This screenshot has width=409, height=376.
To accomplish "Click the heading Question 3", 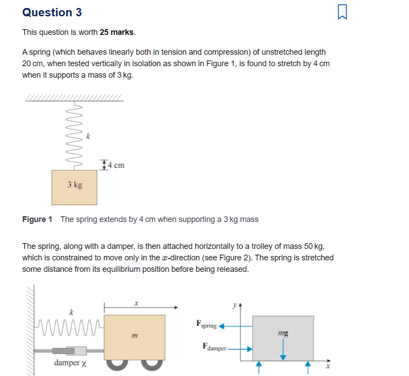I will (x=52, y=13).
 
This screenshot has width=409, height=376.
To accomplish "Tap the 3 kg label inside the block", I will (x=75, y=184).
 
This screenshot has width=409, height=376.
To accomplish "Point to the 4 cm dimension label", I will (x=116, y=165).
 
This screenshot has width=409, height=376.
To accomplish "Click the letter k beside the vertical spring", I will (x=88, y=136).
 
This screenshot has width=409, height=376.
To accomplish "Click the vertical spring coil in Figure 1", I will (x=75, y=137).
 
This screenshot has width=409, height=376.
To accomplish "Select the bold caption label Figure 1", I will (x=37, y=219).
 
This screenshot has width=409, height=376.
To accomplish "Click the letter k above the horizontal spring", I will (x=71, y=312).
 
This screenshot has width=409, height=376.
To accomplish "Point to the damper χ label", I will (x=70, y=363).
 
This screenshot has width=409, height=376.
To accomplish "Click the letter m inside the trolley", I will (x=134, y=337).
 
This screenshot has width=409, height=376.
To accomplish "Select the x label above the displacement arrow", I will (x=136, y=303).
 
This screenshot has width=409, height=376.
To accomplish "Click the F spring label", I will (x=206, y=325).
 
